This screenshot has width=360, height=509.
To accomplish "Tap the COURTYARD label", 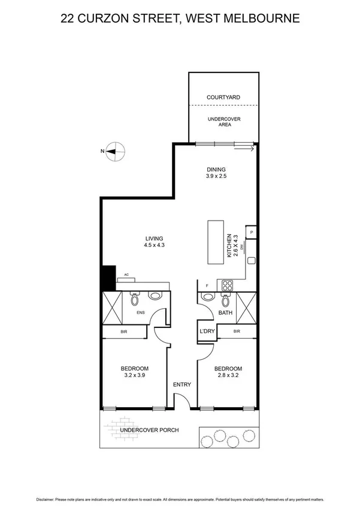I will (223, 97).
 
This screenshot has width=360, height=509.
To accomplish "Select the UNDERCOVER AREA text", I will (223, 122).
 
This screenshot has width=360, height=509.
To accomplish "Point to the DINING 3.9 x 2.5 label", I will (215, 173).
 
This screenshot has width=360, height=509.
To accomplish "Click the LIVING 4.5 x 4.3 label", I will (154, 241).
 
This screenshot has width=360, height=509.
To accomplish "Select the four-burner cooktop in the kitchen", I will (227, 285).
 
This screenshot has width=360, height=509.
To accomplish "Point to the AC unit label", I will (126, 275).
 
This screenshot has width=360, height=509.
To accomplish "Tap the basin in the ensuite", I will (155, 296).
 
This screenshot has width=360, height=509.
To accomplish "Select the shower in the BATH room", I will (246, 307).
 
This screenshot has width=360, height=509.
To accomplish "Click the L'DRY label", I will (207, 332).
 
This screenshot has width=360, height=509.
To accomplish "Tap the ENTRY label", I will (182, 384).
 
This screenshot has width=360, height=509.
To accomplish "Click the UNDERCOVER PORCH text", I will (149, 430).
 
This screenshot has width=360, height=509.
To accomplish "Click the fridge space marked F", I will (207, 285).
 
